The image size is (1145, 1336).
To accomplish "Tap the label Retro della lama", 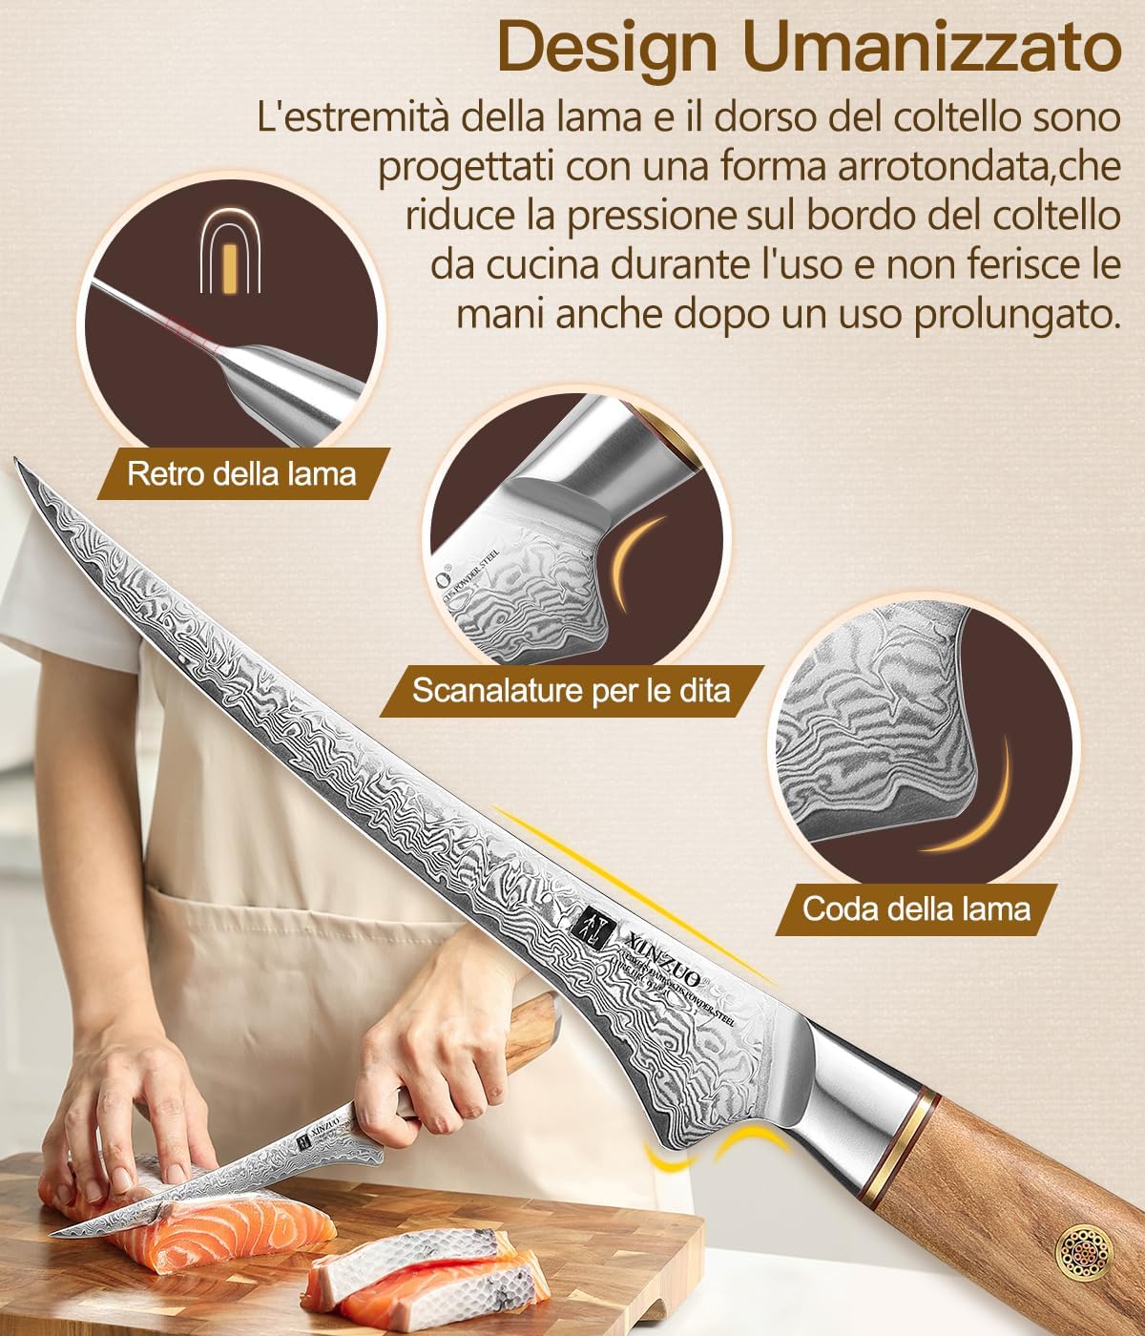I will (x=241, y=473).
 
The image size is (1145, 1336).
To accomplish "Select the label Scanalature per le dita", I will (x=571, y=690).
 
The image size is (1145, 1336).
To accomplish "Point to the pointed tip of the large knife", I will (x=17, y=464).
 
